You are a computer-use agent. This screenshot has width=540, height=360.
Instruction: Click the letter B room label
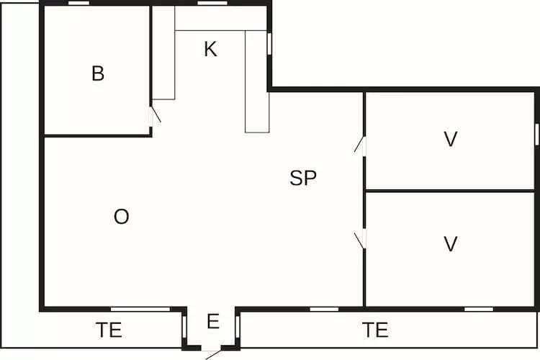click(x=98, y=73)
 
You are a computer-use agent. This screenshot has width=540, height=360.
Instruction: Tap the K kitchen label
click(x=210, y=50)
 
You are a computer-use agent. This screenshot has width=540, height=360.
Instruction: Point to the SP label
click(x=303, y=179)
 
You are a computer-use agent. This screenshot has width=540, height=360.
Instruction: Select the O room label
click(x=122, y=217)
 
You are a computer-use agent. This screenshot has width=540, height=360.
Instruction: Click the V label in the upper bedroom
click(x=451, y=140)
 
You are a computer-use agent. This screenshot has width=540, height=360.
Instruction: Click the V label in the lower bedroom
click(x=451, y=244)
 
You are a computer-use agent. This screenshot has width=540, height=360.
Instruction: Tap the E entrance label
click(x=212, y=322)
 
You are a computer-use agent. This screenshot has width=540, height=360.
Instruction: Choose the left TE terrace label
click(x=109, y=330)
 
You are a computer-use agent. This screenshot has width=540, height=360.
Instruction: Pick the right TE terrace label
click(x=375, y=330)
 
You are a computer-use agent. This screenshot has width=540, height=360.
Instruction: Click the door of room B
click(x=153, y=115)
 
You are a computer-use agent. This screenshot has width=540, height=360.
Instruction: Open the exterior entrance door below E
click(x=212, y=351)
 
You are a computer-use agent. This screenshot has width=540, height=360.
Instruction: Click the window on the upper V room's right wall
click(x=536, y=133)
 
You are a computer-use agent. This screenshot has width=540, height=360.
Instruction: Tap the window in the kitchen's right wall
click(x=269, y=43)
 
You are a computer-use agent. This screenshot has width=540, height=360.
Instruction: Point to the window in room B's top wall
click(x=79, y=3)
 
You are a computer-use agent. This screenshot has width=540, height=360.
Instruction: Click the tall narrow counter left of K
click(x=163, y=53)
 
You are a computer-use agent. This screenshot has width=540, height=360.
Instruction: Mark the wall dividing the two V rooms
click(x=451, y=191)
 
